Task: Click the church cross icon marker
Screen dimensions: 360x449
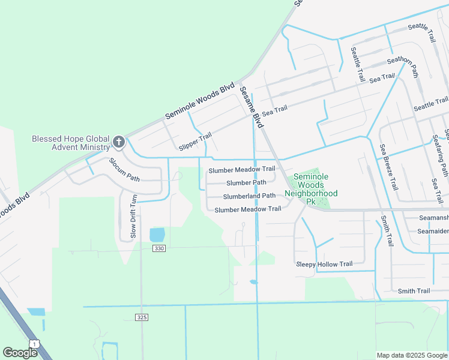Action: [119, 142]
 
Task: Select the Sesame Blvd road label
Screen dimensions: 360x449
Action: [252, 107]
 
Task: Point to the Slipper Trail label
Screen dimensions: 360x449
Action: [196, 142]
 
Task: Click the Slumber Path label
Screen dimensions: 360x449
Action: [246, 182]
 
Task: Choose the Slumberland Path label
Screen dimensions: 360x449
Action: [249, 196]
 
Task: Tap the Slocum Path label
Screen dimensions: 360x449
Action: [124, 170]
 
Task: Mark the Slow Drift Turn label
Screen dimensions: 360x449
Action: [134, 216]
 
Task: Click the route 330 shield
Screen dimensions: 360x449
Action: [158, 248]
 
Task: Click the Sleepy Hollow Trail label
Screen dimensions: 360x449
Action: [324, 264]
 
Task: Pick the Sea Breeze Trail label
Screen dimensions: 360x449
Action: [388, 167]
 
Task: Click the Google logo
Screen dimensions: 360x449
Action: [20, 353]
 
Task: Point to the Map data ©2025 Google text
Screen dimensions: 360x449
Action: [412, 355]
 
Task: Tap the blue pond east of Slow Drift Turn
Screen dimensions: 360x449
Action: [156, 235]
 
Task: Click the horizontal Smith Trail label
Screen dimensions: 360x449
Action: [414, 291]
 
